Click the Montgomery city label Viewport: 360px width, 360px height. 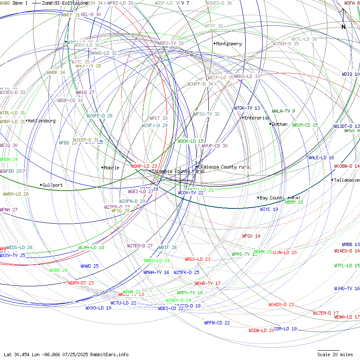pos(229,44)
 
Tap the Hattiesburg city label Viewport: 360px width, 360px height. pos(42,121)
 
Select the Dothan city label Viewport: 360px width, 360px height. pos(280,124)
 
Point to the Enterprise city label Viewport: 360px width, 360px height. pos(257,118)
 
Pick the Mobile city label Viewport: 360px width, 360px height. pos(112,168)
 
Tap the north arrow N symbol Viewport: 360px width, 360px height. pos(343,27)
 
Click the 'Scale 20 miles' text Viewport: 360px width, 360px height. pos(335,354)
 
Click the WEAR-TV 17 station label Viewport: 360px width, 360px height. pos(208,283)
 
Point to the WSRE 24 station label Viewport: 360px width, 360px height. pos(58,270)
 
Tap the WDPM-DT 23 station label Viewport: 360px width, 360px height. pos(81,283)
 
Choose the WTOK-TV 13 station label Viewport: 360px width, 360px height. pos(247,108)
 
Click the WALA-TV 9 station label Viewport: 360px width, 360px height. pos(283,111)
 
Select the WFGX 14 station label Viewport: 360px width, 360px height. pos(251,236)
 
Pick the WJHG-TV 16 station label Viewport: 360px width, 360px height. pos(346,288)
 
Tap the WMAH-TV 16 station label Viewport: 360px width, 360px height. pos(156,272)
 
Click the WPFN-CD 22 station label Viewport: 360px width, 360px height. pos(217,323)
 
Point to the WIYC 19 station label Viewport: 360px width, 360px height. pos(269,209)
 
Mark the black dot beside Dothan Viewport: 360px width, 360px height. pos(270,124)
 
